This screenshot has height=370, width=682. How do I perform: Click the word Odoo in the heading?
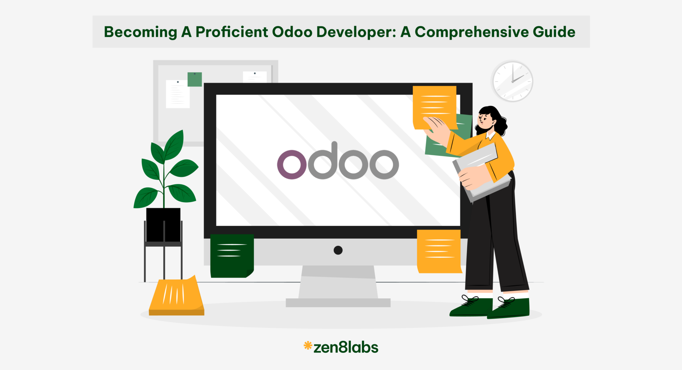[x=292, y=32]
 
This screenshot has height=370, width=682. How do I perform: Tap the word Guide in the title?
[x=554, y=32]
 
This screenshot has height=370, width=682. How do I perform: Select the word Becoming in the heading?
[x=140, y=32]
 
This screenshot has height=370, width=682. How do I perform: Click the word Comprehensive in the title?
[x=472, y=32]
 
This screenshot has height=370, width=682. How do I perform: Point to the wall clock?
[x=512, y=81]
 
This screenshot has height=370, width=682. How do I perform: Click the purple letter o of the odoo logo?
[x=292, y=164]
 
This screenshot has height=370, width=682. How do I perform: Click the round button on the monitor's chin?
[x=338, y=250]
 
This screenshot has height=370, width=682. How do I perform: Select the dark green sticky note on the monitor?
[x=232, y=255]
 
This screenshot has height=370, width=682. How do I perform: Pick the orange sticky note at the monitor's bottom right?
[x=439, y=252]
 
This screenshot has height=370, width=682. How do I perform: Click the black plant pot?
[x=163, y=225]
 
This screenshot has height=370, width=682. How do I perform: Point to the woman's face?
[x=485, y=120]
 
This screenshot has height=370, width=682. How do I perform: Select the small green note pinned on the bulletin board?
[x=194, y=79]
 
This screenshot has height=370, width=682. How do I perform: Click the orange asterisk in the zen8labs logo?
[x=308, y=346]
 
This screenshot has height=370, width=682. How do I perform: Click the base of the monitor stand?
[x=338, y=302]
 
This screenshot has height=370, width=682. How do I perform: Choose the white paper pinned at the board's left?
[x=177, y=94]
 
